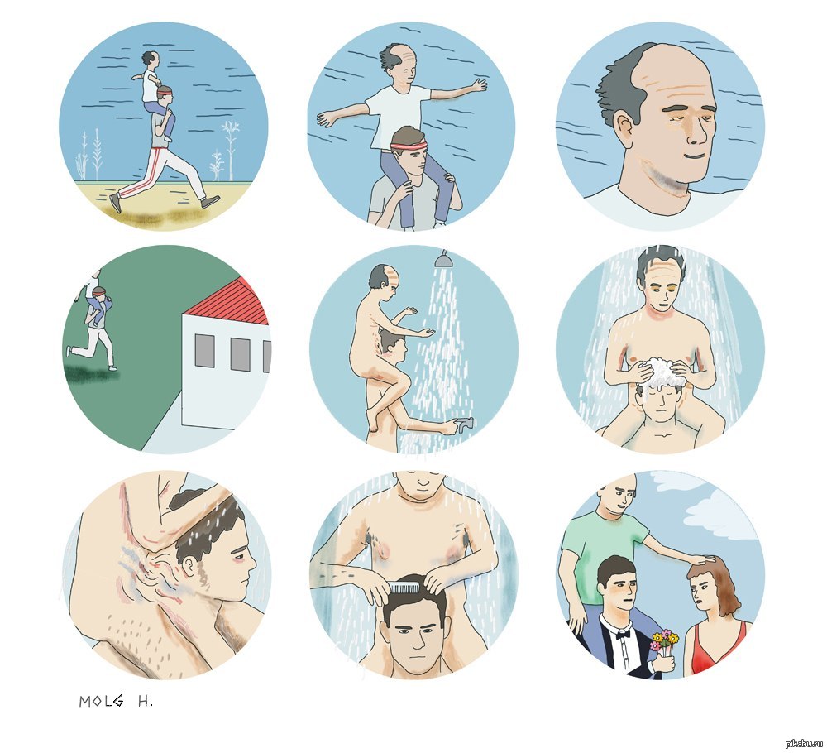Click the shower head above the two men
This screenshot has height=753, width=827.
click(442, 260)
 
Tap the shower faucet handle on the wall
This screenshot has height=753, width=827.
click(465, 423)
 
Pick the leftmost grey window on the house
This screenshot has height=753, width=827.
click(204, 350)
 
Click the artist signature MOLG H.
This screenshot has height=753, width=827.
click(116, 702)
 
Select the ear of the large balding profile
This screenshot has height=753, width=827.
click(625, 128)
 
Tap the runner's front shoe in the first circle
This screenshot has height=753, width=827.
click(210, 201)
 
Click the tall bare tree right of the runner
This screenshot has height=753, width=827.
click(230, 149)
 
